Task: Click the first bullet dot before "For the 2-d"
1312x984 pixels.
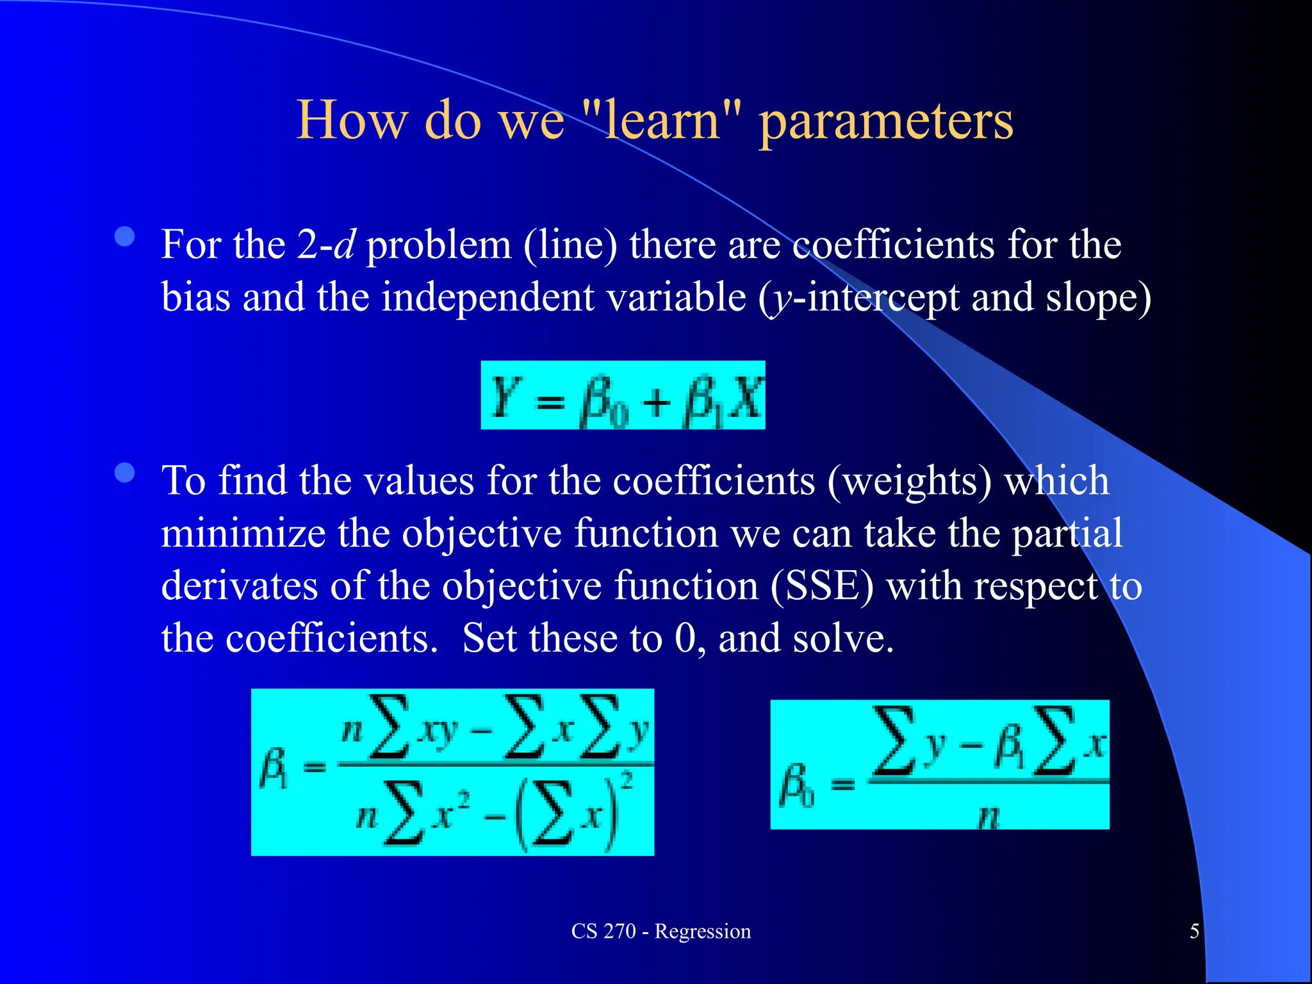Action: click(125, 237)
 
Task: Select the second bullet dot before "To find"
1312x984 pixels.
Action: click(125, 473)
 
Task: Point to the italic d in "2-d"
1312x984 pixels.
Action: click(345, 245)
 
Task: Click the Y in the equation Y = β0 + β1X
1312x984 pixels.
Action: click(505, 396)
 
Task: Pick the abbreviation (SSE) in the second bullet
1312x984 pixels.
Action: click(821, 587)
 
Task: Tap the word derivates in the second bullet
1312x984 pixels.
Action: click(239, 586)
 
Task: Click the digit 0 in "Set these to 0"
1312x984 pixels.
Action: click(685, 639)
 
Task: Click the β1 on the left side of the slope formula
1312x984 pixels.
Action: click(274, 770)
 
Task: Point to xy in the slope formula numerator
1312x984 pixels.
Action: click(437, 730)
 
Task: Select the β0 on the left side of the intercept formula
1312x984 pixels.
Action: click(796, 785)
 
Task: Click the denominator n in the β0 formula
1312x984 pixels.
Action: click(988, 816)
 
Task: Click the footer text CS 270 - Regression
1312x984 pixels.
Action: click(660, 931)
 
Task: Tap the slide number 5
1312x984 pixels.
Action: click(1194, 931)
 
